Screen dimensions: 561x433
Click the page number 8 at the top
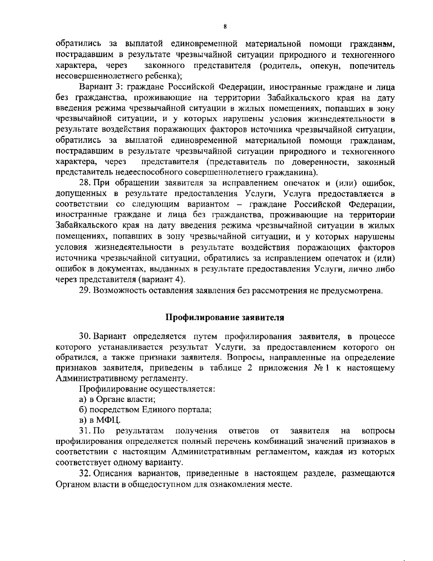coord(225,27)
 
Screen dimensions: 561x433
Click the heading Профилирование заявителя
coord(225,318)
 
